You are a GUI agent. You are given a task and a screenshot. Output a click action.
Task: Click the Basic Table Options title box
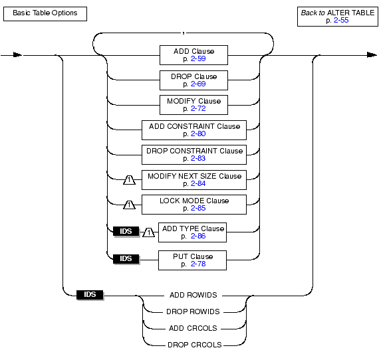tap(45, 14)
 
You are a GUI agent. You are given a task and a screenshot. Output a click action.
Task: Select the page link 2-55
tap(341, 20)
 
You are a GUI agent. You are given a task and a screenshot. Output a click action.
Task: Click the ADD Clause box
tap(193, 55)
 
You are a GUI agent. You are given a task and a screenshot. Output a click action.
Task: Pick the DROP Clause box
tap(193, 80)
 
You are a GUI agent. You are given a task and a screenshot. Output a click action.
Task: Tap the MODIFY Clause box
tap(193, 105)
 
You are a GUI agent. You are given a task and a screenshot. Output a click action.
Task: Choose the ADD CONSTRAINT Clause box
tap(194, 130)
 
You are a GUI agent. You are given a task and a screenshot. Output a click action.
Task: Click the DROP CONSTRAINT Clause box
tap(194, 155)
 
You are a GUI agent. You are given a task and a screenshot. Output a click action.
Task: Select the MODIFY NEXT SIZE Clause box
tap(194, 180)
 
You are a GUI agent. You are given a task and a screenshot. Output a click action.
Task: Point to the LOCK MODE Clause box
tap(194, 205)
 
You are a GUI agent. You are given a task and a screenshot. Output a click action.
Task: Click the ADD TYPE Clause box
tap(192, 232)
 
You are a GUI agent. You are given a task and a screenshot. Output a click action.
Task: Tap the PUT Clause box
tap(192, 260)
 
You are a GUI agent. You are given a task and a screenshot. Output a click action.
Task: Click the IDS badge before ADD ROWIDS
tap(90, 295)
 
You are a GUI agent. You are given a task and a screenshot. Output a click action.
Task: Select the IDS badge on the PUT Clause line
tap(126, 259)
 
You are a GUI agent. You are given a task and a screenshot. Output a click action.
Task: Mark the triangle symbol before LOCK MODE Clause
tap(129, 205)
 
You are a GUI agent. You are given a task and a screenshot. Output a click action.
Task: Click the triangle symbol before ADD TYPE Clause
tap(148, 232)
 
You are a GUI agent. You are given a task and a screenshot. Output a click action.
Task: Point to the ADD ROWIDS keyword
tap(193, 295)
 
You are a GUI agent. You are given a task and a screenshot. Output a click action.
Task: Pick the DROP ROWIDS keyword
tap(193, 312)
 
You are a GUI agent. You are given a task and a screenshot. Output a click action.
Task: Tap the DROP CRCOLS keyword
tap(195, 345)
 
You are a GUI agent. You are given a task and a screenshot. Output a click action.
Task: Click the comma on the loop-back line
tap(184, 33)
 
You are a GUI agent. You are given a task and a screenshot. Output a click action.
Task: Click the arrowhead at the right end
tap(372, 55)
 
